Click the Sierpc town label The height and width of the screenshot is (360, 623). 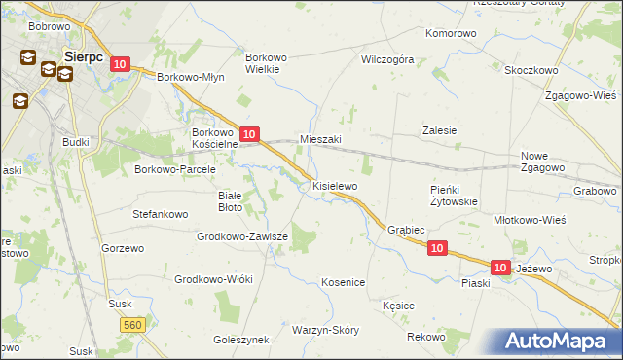83,56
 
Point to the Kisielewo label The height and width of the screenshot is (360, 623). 335,185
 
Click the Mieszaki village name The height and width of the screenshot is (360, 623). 320,139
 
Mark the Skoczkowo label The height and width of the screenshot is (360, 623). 531,70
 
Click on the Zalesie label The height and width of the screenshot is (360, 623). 439,130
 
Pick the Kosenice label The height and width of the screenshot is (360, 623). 343,282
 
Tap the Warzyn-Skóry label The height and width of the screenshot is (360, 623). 325,330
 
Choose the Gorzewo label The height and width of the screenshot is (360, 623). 123,248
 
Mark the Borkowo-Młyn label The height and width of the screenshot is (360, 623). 191,77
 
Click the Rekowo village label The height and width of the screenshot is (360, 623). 425,337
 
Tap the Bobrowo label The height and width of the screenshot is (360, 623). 48,25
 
